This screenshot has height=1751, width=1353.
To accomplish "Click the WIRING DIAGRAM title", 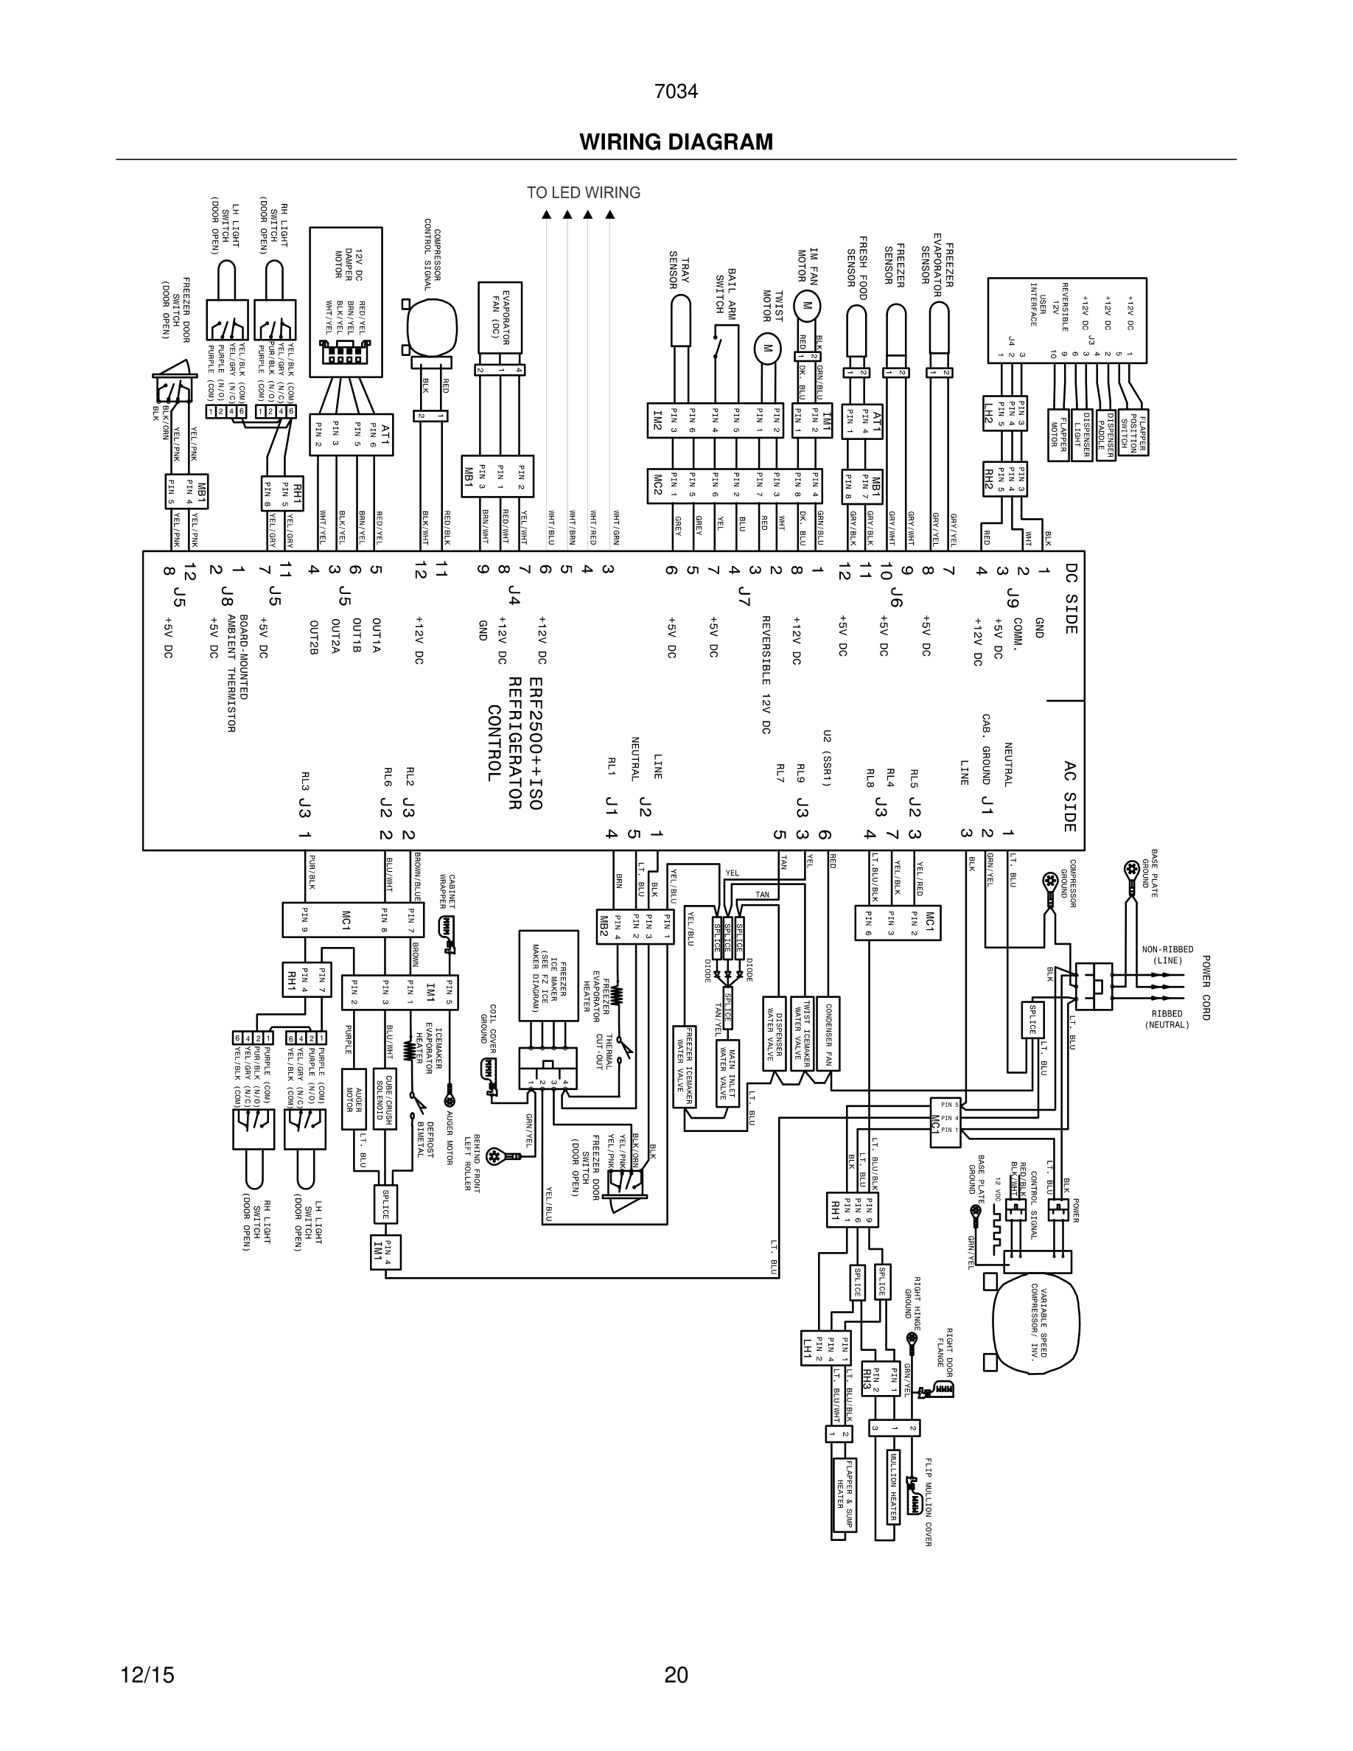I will pos(676,142).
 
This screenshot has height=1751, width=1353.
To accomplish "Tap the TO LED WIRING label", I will pos(583,192).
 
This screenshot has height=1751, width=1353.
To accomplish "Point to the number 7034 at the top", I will pos(676,91).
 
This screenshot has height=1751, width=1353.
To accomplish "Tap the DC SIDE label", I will pos(1071,597).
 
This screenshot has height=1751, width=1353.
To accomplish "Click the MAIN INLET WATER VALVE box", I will pos(728,1073).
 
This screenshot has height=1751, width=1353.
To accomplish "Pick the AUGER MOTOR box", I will pos(354,1098).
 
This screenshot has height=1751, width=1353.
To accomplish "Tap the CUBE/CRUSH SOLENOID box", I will pos(384,1098).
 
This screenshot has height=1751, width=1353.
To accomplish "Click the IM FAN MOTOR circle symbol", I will pos(807,304).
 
